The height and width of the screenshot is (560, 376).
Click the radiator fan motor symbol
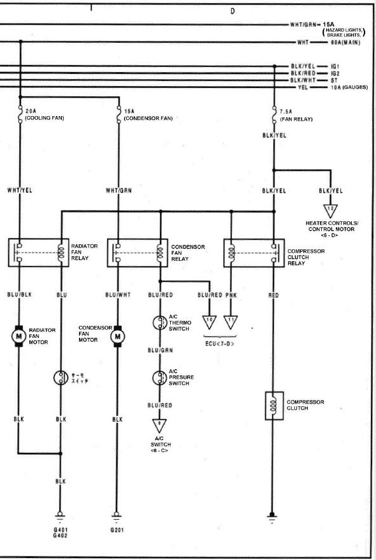pos(18,335)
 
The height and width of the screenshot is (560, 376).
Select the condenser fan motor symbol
pos(117,336)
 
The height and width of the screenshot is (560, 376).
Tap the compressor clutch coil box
pos(274,406)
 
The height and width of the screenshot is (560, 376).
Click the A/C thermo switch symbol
pos(159,323)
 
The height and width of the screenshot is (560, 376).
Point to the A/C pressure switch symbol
pos(159,378)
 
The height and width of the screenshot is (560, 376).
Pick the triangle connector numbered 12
pos(330,210)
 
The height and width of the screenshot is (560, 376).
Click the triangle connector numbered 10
pos(210,321)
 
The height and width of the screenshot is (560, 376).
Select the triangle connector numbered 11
pos(231,321)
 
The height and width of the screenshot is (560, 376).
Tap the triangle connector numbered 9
pos(159,425)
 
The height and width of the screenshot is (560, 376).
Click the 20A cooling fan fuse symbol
pos(20,114)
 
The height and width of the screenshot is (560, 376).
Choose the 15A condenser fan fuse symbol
pos(119,115)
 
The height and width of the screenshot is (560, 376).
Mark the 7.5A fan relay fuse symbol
pos(274,115)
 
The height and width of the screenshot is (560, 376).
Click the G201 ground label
pos(117,530)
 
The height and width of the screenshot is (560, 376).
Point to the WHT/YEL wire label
pos(20,190)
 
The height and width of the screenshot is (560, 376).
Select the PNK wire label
pos(231,295)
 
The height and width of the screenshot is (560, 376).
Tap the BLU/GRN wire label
pos(160,350)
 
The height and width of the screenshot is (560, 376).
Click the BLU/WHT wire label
pos(118,295)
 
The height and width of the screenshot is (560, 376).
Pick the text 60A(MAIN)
pos(345,43)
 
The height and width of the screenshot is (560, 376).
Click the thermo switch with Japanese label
pos(61,378)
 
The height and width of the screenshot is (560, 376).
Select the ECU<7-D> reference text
pos(220,344)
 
